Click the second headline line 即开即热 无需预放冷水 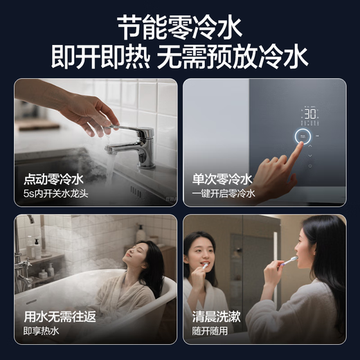(180, 57)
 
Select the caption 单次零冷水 (222, 179)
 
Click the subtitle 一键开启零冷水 (224, 194)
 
